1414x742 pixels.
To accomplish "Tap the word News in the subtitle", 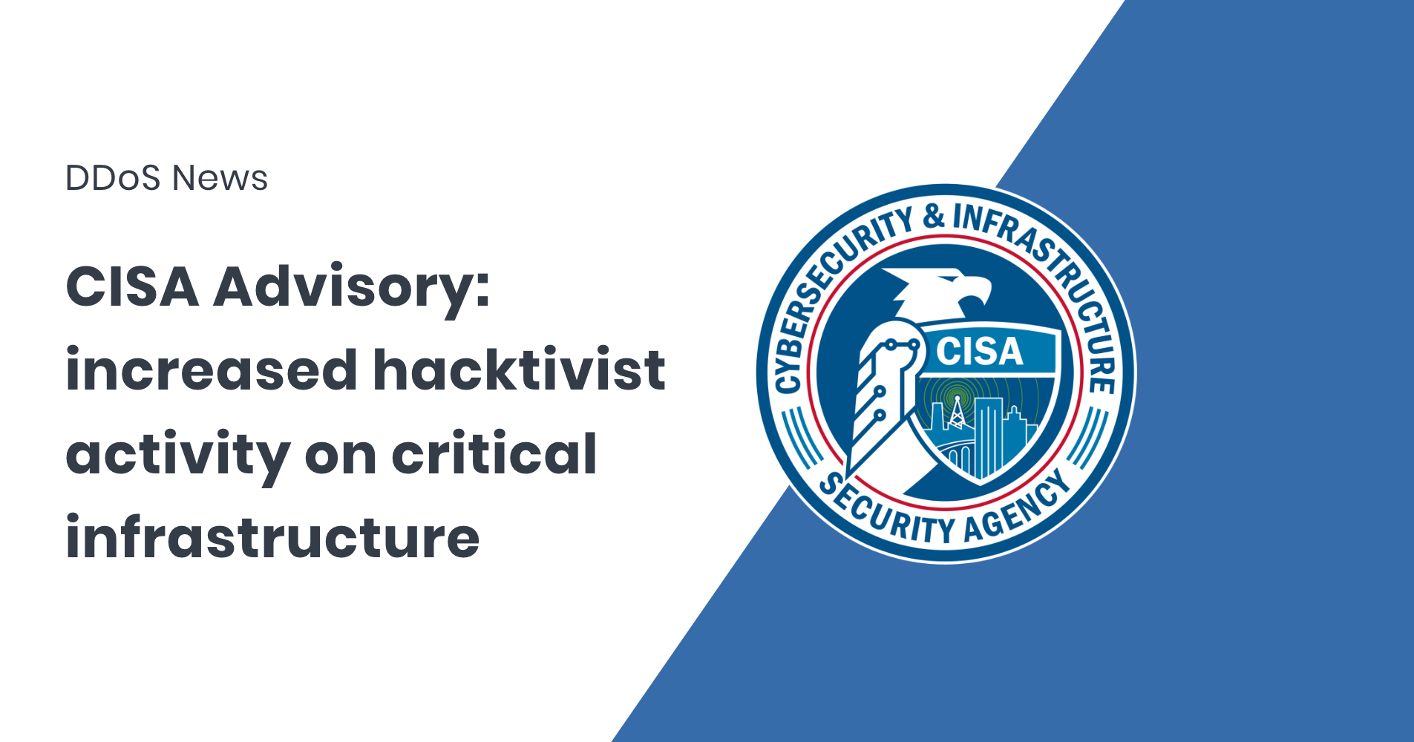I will coord(220,178).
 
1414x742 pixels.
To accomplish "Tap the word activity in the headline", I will coord(177,455).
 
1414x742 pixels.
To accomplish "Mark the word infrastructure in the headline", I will coord(272,537).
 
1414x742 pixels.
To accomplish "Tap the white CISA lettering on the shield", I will coord(979,352).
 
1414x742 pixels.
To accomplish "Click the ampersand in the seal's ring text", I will coord(934,217).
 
